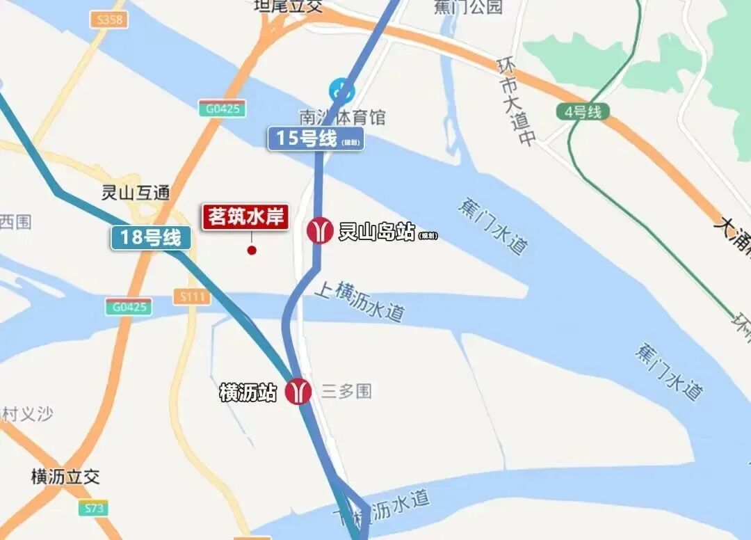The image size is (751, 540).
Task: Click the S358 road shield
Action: (109, 20)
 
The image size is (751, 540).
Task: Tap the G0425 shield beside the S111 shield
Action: (129, 306)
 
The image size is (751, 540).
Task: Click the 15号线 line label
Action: (315, 138)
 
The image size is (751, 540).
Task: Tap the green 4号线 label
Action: (583, 111)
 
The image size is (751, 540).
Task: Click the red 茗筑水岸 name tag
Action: (245, 217)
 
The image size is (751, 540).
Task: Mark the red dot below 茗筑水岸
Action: (252, 250)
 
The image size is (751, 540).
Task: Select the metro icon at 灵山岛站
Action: (320, 230)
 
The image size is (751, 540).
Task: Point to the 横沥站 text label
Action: (248, 392)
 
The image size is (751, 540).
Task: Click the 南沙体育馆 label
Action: (341, 117)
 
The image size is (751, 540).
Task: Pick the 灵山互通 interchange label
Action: (136, 193)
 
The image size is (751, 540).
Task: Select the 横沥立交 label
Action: (65, 477)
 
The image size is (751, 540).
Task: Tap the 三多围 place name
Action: (346, 391)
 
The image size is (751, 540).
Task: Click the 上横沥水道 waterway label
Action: (359, 301)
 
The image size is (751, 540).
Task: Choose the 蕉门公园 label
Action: (468, 7)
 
